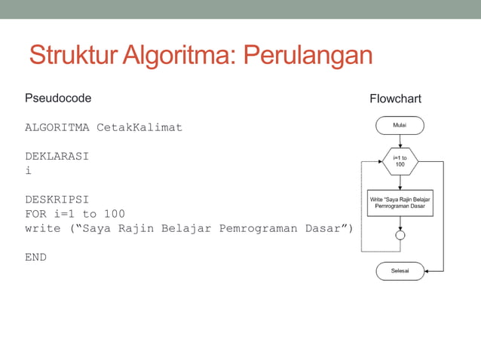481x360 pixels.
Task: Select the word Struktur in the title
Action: coord(73,55)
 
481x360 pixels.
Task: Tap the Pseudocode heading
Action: coord(58,98)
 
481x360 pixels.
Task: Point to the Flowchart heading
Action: coord(395,99)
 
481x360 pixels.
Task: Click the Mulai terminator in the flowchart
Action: coord(400,125)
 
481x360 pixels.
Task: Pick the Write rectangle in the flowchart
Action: coord(400,201)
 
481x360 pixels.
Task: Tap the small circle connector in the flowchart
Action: coord(400,235)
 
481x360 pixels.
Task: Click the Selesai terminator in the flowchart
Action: coord(400,270)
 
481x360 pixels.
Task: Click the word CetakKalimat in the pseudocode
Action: coord(139,127)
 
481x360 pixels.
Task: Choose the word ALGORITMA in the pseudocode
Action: coord(57,127)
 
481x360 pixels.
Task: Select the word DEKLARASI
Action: coord(57,157)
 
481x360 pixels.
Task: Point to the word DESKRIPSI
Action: coord(57,200)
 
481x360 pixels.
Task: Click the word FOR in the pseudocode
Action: coord(36,214)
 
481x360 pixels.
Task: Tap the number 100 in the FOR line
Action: coord(115,214)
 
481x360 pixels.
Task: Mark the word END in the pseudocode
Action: coord(36,257)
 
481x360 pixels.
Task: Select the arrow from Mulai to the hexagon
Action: coord(400,141)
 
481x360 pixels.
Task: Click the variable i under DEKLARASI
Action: coord(29,171)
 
